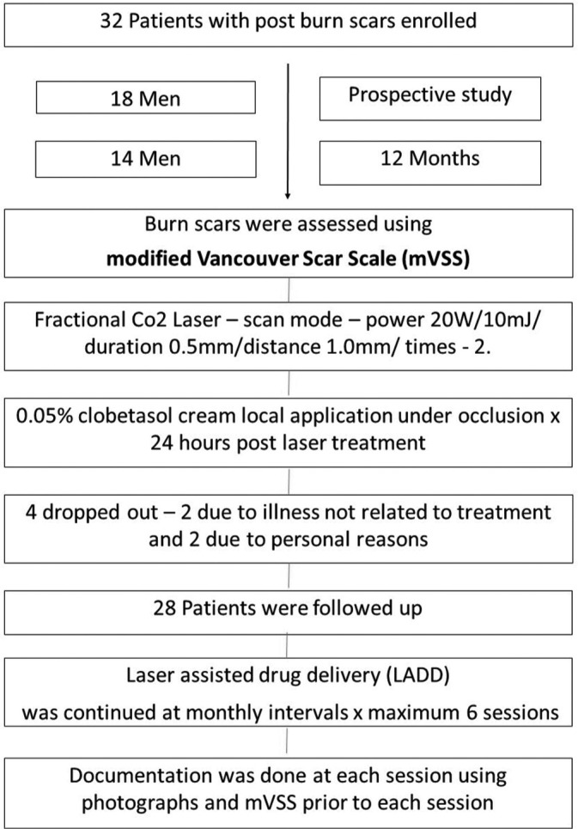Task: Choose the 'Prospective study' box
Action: coord(430,94)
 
